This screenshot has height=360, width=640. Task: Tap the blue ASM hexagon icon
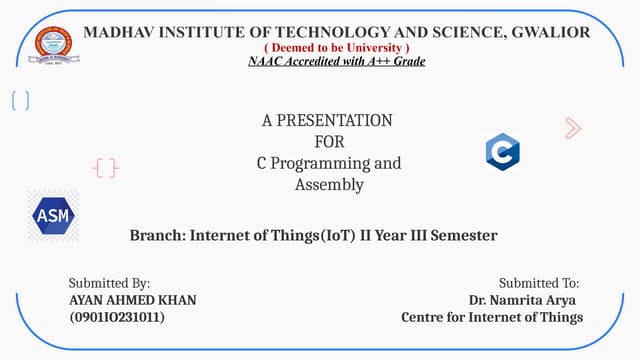[x=51, y=215]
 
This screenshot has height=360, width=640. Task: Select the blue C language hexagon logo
[x=502, y=152]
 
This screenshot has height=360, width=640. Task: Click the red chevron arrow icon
[x=573, y=127]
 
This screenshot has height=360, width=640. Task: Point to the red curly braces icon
[x=106, y=168]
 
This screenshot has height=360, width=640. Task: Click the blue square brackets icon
[x=20, y=101]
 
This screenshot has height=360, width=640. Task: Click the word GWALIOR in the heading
[x=550, y=32]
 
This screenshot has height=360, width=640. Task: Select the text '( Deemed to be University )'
[x=336, y=48]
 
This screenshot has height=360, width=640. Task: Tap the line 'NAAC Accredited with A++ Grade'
[x=336, y=62]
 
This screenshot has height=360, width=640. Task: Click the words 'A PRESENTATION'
[x=327, y=121]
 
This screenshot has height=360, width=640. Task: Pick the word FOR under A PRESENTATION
[x=329, y=142]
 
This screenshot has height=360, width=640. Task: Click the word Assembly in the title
[x=329, y=184]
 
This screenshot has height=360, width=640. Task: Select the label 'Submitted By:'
[x=109, y=284]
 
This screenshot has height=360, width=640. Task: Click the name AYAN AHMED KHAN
[x=132, y=300]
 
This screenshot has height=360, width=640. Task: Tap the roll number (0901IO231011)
[x=117, y=317]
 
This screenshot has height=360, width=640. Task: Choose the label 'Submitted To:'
[x=539, y=284]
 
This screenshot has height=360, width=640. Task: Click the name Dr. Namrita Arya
[x=522, y=300]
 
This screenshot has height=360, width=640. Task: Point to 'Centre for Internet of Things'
[x=491, y=317]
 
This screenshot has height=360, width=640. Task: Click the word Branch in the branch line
[x=156, y=236]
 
